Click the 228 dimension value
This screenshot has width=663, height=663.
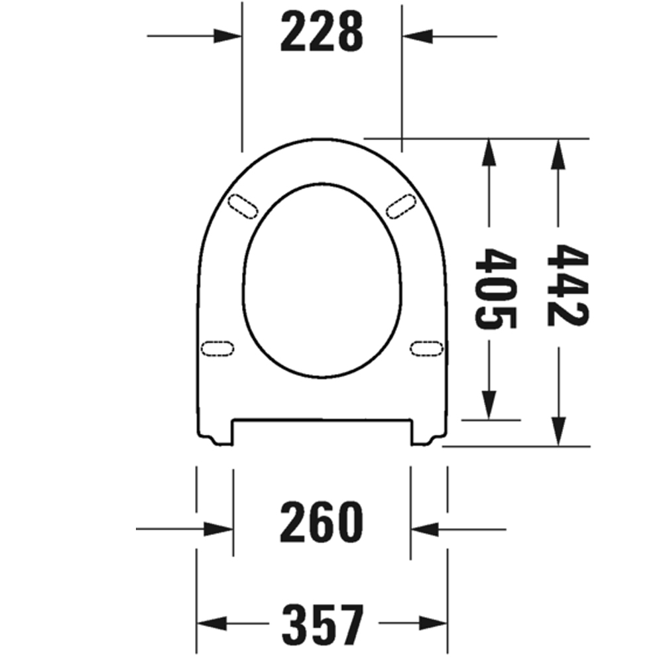click(322, 32)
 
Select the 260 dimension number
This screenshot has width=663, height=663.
click(322, 522)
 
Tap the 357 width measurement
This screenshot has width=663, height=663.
click(323, 624)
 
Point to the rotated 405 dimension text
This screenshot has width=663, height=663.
click(495, 288)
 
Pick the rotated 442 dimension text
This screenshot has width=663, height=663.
click(568, 285)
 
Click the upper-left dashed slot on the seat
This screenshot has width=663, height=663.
click(243, 206)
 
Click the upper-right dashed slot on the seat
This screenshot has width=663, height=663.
click(401, 206)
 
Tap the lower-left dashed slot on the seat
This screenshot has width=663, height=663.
click(217, 349)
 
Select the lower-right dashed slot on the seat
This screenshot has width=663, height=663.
click(426, 349)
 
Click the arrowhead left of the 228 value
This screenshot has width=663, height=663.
click(227, 36)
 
